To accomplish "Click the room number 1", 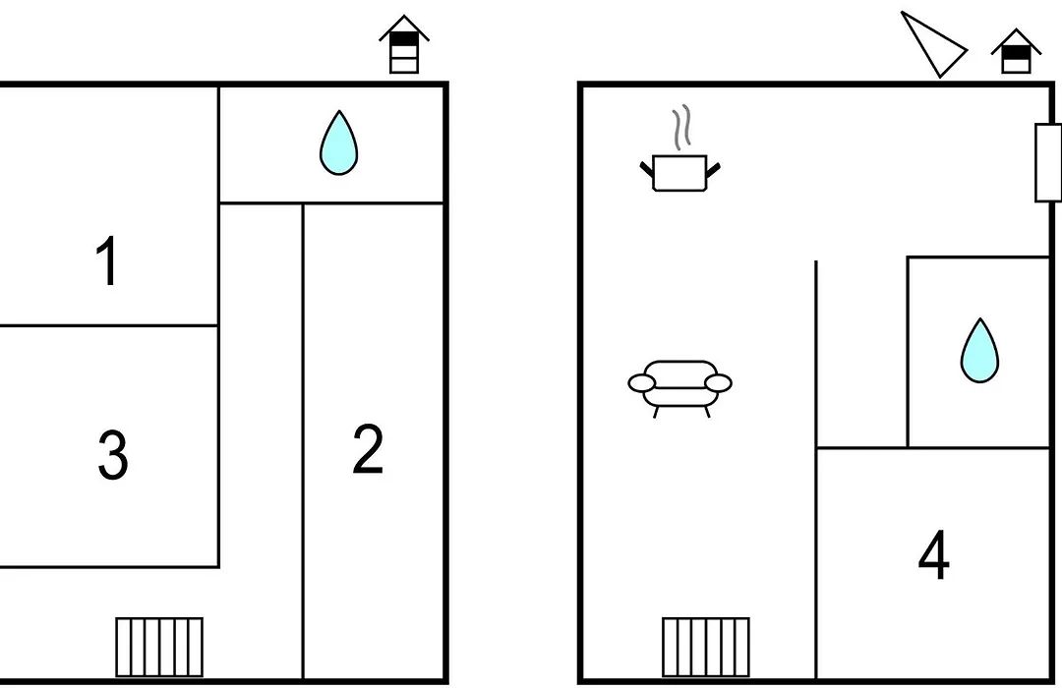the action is pyautogui.click(x=108, y=260).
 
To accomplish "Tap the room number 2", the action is pyautogui.click(x=368, y=448).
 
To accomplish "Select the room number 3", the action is pyautogui.click(x=113, y=455).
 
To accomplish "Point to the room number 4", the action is pyautogui.click(x=934, y=555).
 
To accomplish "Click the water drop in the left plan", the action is pyautogui.click(x=338, y=143).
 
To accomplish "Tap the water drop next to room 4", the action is pyautogui.click(x=979, y=351).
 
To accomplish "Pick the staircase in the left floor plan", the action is pyautogui.click(x=159, y=647).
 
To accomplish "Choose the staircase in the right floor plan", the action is pyautogui.click(x=706, y=647).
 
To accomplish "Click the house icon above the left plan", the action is pyautogui.click(x=404, y=44).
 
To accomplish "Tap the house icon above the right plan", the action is pyautogui.click(x=1016, y=51).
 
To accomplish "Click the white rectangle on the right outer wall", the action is pyautogui.click(x=1048, y=162).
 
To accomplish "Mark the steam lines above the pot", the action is pyautogui.click(x=682, y=128).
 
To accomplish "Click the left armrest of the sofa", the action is pyautogui.click(x=641, y=383).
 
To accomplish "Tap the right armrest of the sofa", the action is pyautogui.click(x=719, y=383).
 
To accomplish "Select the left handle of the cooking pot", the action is pyautogui.click(x=647, y=169).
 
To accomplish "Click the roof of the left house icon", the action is pyautogui.click(x=404, y=29).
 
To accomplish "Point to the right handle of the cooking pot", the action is pyautogui.click(x=713, y=169).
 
